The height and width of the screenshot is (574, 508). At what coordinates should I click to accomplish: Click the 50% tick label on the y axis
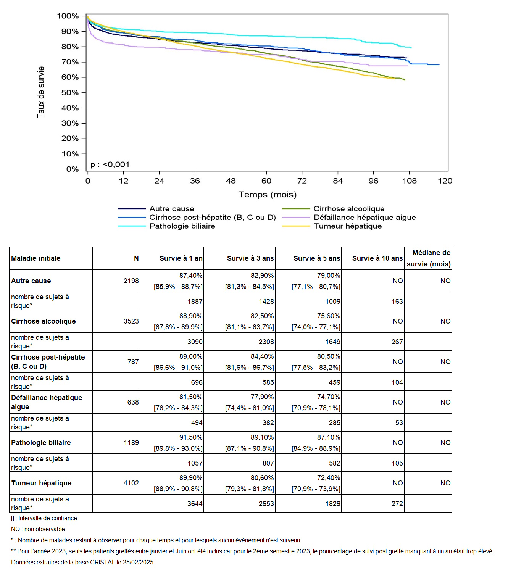pos(70,93)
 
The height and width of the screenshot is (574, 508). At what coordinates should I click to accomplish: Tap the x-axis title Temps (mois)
pos(268,195)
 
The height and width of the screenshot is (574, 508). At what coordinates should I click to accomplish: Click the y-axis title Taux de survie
pos(41,92)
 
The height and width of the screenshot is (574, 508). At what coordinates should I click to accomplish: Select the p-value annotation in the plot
pos(110,164)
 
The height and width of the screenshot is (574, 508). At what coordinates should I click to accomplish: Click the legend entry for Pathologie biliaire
pos(166,226)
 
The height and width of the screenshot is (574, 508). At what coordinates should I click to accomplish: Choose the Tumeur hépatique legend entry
pos(332,226)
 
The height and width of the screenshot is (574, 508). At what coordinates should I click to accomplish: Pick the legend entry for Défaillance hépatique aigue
pos(349,217)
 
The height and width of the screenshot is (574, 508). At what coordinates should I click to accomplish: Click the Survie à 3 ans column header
pos(250,258)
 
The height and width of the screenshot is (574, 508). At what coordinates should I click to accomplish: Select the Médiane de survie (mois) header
pos(428,258)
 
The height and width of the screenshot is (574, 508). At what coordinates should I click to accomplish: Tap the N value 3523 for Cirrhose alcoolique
pos(131,321)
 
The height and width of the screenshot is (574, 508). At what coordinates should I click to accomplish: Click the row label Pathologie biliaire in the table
pos(41,442)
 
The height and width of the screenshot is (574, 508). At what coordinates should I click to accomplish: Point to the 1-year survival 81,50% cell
pos(191,397)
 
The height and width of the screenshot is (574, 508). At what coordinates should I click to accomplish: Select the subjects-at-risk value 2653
pos(266,503)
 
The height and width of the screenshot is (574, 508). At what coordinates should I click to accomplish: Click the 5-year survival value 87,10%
pos(328,437)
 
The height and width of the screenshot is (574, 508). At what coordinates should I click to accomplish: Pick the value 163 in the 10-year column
pos(397,301)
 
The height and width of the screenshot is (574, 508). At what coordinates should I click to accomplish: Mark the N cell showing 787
pos(133,361)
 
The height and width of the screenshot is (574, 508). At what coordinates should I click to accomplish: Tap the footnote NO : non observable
pos(38,529)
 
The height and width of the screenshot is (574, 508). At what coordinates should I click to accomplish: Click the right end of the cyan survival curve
pos(411,48)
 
